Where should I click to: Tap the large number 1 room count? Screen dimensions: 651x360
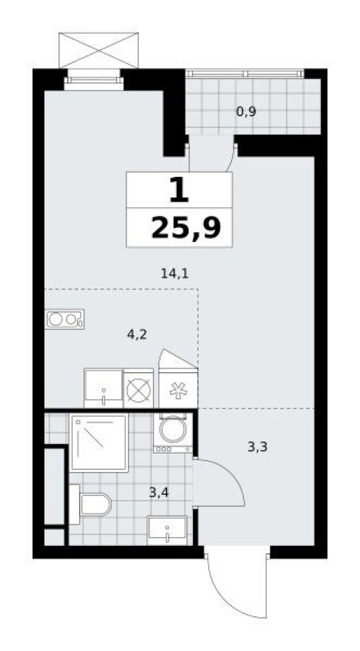coord(178,191)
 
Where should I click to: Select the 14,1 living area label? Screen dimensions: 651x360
coord(174,273)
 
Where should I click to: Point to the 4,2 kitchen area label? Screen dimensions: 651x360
coord(137,334)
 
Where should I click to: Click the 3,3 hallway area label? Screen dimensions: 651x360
coord(256,446)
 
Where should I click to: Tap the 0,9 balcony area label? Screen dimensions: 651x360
coord(246,112)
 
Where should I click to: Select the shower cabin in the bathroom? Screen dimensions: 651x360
coord(99,442)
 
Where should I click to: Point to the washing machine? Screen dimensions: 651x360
coord(173,432)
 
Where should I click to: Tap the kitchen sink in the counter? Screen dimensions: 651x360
coord(103,388)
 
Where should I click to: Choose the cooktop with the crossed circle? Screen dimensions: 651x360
coord(138,389)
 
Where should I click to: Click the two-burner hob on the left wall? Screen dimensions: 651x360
coord(64,320)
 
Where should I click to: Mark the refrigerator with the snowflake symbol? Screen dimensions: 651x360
coord(178,389)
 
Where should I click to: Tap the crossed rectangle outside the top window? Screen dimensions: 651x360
coord(99,50)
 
